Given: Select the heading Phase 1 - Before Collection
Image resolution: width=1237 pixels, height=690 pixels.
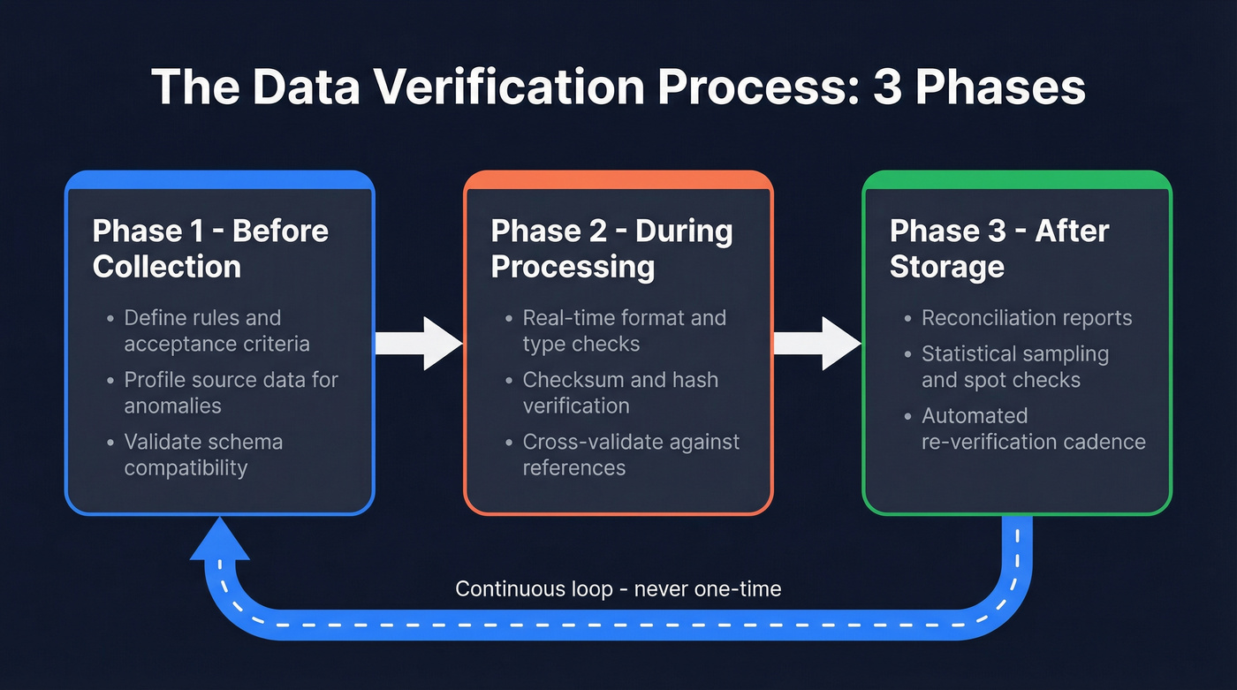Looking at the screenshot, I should [210, 248].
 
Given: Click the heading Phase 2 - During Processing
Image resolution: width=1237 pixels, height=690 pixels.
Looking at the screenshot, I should [611, 248].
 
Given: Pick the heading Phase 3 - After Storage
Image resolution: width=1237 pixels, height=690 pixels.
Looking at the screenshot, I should [998, 248].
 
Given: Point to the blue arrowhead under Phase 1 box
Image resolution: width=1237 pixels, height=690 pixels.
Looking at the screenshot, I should [220, 539].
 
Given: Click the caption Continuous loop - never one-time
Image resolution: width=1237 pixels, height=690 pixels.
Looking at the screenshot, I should [618, 588].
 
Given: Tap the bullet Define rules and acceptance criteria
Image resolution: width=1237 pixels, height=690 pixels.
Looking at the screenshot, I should [216, 330].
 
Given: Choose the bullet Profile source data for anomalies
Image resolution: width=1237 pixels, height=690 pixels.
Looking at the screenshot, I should [230, 392].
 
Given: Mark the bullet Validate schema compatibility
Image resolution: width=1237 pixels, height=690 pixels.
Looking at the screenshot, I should [202, 454].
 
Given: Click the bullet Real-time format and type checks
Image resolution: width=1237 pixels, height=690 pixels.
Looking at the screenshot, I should [624, 330].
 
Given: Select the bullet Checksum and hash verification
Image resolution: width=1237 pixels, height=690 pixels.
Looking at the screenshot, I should [619, 392].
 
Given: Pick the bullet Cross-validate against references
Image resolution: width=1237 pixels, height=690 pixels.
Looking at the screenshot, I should [630, 454].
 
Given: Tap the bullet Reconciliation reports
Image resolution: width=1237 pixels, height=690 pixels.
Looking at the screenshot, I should [1026, 318].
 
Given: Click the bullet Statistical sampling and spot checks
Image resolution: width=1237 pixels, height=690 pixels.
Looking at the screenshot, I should [1014, 367].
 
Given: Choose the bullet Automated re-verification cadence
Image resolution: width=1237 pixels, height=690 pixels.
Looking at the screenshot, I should [1033, 428].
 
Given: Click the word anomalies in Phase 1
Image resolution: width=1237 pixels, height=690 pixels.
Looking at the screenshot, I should [172, 406].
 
